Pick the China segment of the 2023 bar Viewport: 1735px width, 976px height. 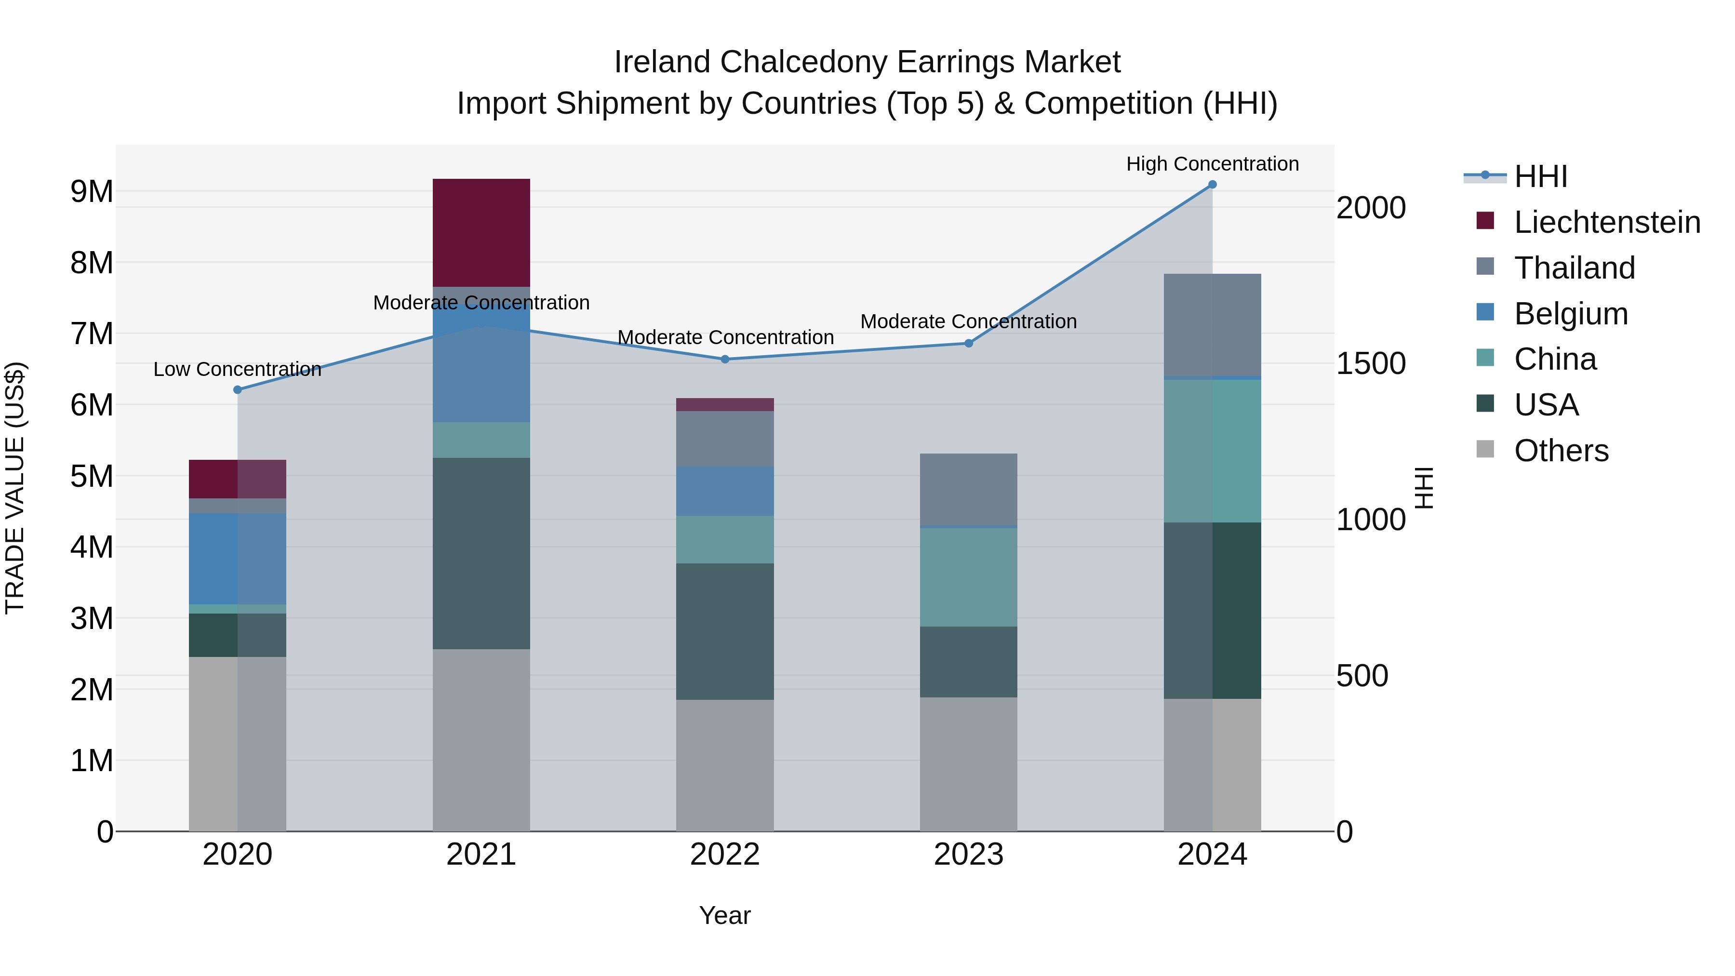969,577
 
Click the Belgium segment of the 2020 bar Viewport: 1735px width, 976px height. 237,559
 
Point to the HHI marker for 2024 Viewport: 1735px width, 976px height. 1213,185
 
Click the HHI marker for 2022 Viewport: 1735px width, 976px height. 725,359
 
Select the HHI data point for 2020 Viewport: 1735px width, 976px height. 237,389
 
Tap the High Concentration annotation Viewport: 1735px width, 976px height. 1213,164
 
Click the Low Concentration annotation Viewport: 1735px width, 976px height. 237,369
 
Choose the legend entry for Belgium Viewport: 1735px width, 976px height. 1571,314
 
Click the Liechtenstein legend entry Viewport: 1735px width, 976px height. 1606,222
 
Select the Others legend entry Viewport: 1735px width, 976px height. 1561,451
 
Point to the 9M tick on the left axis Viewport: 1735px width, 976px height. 92,191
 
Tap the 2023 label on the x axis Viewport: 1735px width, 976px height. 969,855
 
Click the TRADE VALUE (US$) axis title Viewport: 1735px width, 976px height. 15,488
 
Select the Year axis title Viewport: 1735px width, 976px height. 725,915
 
